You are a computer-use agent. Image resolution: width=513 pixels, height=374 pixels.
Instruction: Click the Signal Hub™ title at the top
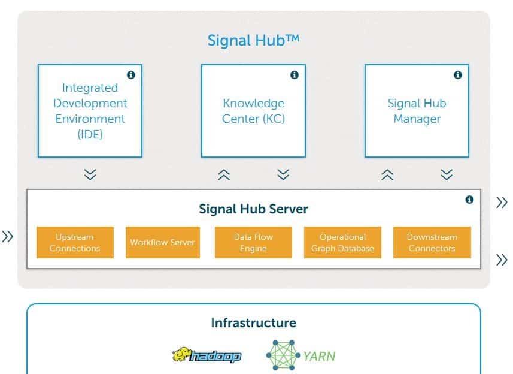click(253, 40)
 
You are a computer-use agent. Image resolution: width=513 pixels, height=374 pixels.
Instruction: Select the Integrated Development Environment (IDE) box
click(90, 111)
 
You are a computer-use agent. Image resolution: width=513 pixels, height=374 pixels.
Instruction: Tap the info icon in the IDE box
click(130, 75)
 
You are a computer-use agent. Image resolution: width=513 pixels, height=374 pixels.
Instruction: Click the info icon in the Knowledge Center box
click(294, 75)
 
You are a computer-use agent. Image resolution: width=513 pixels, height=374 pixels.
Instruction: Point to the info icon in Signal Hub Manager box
click(457, 75)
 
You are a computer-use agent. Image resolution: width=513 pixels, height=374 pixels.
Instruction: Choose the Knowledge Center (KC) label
click(253, 111)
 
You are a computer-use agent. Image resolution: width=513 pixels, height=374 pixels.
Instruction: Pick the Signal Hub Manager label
click(417, 111)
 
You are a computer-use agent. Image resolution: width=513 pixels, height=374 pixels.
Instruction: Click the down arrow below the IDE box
click(90, 174)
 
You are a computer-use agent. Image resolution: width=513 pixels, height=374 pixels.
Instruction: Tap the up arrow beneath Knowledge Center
click(224, 174)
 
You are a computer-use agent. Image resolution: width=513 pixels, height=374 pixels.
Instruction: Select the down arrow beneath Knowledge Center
click(283, 174)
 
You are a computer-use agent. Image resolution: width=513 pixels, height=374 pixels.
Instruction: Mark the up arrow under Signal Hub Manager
click(387, 174)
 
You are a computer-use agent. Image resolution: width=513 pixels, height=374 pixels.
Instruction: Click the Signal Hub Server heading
click(253, 209)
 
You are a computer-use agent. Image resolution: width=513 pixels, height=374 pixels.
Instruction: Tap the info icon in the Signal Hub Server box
click(469, 200)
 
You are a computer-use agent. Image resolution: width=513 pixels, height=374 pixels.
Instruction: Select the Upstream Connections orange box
click(75, 242)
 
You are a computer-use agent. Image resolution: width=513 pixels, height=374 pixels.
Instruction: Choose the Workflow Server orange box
click(163, 242)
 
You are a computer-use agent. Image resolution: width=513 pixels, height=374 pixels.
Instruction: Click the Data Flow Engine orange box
click(253, 242)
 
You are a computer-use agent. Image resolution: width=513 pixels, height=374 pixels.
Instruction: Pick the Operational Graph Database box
click(342, 242)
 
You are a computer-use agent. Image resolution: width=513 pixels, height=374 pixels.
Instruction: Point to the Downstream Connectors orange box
click(432, 242)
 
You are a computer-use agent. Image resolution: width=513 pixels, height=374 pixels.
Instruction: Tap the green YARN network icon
click(283, 356)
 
